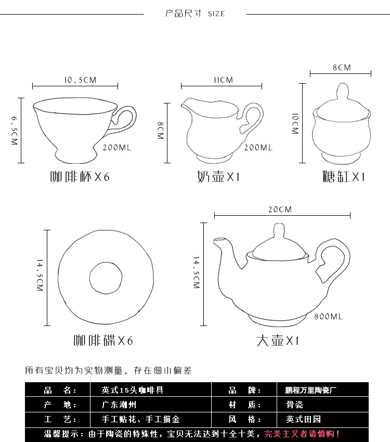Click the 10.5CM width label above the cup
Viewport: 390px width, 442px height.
(80, 80)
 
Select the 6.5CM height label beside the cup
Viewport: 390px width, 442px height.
(14, 130)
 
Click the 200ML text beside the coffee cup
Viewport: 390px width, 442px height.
(118, 148)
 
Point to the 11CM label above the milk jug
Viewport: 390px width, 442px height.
(223, 80)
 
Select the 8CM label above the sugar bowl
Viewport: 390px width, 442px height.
(342, 68)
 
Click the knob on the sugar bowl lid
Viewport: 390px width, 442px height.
(341, 92)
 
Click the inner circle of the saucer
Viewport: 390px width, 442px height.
(106, 276)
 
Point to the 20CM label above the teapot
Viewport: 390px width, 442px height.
(280, 210)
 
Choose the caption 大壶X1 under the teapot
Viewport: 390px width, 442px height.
(278, 341)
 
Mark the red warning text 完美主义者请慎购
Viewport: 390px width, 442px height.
(302, 433)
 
